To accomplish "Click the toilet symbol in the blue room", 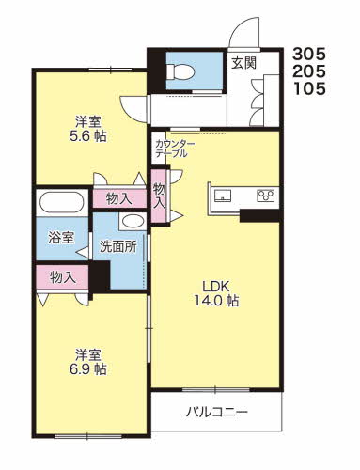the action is tap(180, 71).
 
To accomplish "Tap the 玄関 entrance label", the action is tap(244, 63).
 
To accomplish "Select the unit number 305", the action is tap(309, 55).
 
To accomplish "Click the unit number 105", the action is tap(309, 88).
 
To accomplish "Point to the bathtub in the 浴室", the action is tap(62, 202).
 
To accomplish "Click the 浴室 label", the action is tap(61, 238).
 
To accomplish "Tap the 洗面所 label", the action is tap(118, 247).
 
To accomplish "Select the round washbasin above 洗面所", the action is tap(133, 222).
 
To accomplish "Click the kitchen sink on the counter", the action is tap(223, 196).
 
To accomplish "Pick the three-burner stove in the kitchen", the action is tap(265, 196).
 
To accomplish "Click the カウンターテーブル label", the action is tap(175, 149).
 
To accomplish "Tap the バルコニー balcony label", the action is tap(217, 412).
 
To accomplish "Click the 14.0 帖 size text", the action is tap(217, 301).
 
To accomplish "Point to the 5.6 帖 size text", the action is tap(88, 136).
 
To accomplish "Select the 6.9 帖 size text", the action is tap(88, 369).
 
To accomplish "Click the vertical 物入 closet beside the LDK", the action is tap(159, 196).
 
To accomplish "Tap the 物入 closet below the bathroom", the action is tap(62, 277).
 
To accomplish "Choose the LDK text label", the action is tap(216, 286).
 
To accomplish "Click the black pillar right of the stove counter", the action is tap(259, 216).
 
